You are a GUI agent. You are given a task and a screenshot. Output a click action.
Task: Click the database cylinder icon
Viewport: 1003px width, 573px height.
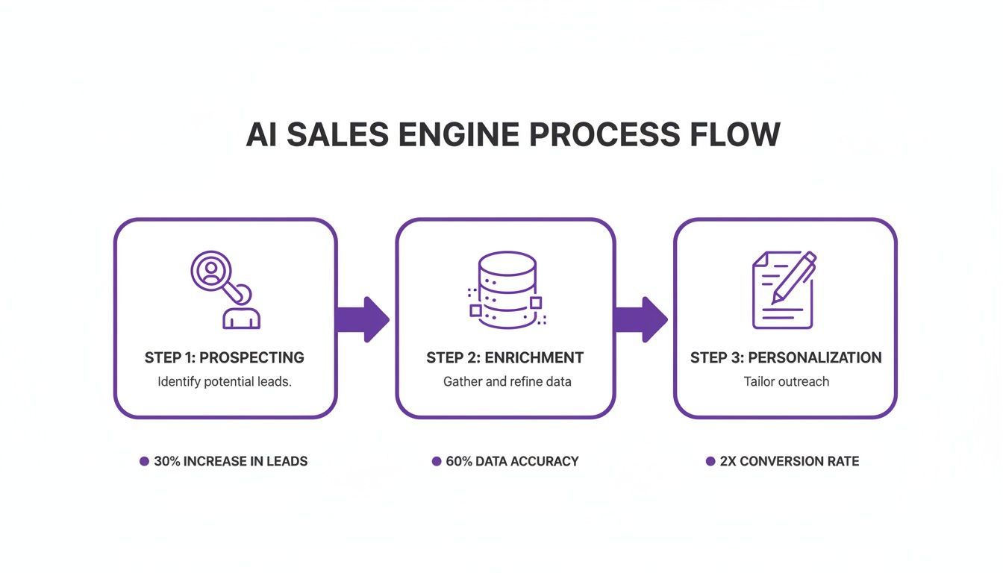[507, 289]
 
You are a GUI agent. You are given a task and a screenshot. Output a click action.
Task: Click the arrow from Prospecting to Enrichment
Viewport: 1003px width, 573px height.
[363, 319]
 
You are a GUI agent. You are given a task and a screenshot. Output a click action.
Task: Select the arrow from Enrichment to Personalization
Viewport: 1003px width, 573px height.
[642, 319]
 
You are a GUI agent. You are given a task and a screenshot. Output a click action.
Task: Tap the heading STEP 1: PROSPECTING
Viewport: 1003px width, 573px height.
[225, 357]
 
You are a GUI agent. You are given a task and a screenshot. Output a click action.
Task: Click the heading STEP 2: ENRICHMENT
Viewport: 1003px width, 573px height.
[505, 357]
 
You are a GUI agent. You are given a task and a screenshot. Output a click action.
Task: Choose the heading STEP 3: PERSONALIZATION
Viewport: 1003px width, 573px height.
[786, 357]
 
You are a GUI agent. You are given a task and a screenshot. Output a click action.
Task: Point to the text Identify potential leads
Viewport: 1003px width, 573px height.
[225, 381]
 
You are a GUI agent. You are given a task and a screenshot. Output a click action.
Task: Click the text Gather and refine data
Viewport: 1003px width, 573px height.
[507, 381]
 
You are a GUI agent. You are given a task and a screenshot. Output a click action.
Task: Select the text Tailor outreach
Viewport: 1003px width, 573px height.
[787, 381]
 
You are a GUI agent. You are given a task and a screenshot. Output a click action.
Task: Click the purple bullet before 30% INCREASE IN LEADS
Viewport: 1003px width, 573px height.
[144, 461]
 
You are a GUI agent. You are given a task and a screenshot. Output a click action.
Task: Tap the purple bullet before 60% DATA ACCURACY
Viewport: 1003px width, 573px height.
[437, 461]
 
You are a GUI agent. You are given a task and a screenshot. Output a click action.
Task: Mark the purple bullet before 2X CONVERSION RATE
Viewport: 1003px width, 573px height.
[710, 461]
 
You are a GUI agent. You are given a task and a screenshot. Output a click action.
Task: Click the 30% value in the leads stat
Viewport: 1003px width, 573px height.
[167, 461]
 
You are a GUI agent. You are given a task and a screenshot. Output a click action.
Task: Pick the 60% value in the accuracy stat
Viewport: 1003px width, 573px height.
[459, 461]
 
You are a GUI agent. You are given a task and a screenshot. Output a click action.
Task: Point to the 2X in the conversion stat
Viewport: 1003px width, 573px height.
[728, 461]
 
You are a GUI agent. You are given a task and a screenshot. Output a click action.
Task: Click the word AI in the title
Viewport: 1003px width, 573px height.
[262, 135]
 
